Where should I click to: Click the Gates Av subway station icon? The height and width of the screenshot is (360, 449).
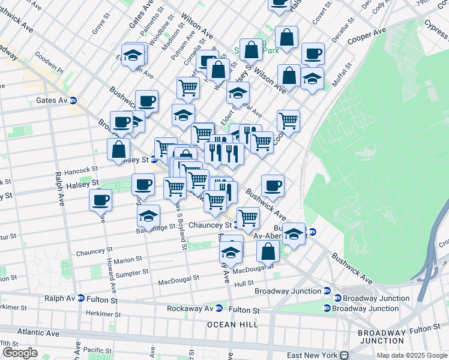click(73, 100)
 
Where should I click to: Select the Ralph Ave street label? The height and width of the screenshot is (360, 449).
click(60, 189)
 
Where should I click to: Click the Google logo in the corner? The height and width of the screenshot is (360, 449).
click(20, 353)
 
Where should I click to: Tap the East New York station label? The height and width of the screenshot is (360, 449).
click(313, 355)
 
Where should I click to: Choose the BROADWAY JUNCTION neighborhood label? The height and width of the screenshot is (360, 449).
click(382, 337)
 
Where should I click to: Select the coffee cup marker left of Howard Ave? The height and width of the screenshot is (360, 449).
click(100, 199)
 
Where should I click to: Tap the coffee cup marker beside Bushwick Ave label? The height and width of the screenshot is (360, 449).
click(273, 186)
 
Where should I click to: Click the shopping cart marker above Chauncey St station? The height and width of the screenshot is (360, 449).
click(248, 218)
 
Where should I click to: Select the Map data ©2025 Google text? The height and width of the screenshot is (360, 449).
click(411, 355)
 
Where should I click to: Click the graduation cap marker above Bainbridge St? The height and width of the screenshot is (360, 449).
click(149, 215)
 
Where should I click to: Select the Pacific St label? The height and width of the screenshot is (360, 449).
click(97, 349)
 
